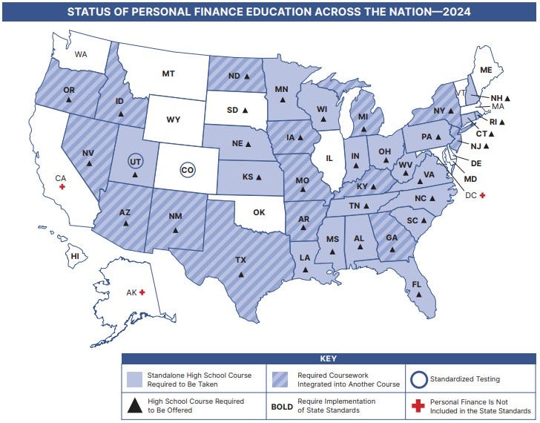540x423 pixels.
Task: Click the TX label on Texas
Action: point(240,260)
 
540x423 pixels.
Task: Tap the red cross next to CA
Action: point(62,187)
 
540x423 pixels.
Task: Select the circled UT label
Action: point(134,161)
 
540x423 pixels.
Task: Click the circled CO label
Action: point(188,170)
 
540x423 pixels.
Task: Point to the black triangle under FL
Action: point(419,295)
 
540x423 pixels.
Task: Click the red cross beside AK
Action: point(142,293)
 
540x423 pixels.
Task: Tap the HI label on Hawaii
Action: point(75,256)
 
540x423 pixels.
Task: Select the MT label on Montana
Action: point(168,73)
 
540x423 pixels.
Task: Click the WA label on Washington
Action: point(81,54)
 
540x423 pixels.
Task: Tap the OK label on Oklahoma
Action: point(258,212)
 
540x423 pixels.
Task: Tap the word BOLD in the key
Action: point(282,406)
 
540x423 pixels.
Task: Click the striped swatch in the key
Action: point(282,379)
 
